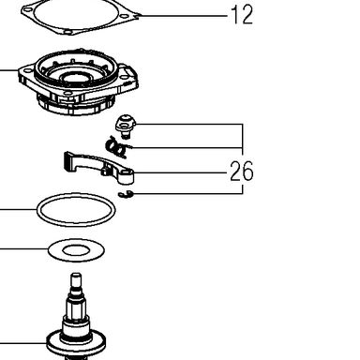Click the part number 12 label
[242, 15]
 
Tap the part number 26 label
[242, 172]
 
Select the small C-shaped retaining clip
[127, 194]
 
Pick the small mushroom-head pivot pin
[126, 126]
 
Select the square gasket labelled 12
[81, 16]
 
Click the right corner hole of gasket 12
[125, 16]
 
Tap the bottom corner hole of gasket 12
[68, 32]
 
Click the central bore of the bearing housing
[77, 78]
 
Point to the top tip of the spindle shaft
[76, 275]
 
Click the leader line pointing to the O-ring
[18, 209]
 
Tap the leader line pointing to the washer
[23, 249]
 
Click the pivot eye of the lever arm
[127, 175]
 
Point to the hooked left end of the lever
[69, 162]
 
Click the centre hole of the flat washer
[76, 250]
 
